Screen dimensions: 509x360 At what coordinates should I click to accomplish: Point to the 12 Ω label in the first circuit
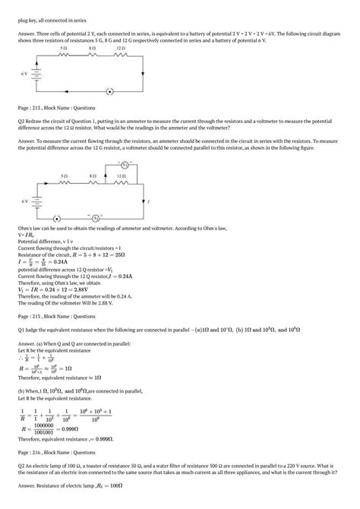121,48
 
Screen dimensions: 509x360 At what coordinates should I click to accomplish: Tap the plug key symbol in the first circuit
109,92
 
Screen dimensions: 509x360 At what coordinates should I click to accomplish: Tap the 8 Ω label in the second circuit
92,175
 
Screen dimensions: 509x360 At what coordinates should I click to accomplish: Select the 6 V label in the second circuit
24,201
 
